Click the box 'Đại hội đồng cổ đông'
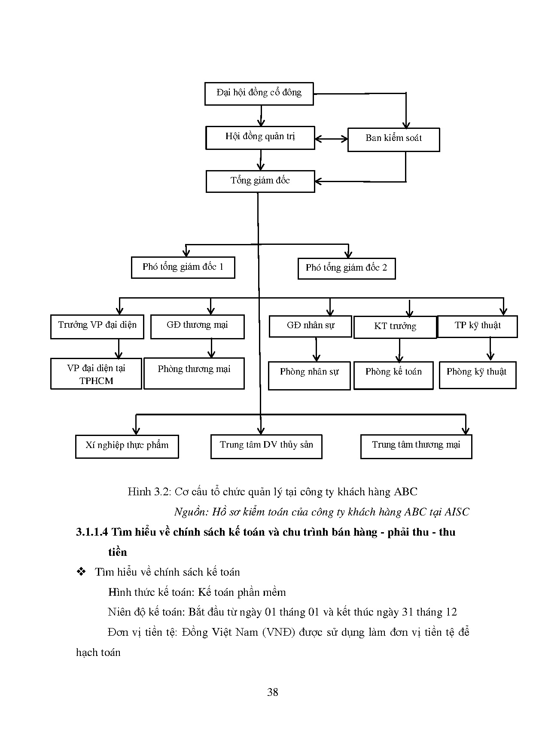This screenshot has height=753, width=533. tap(259, 93)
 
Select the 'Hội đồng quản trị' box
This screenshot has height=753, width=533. tap(260, 137)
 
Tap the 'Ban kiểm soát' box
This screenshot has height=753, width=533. tap(393, 139)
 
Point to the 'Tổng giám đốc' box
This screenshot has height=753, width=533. tap(260, 181)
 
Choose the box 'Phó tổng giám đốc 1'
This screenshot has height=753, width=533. tap(183, 268)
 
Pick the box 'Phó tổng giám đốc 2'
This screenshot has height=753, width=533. tap(347, 268)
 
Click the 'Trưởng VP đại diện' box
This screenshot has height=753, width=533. tap(97, 326)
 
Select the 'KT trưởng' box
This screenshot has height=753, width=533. tap(395, 327)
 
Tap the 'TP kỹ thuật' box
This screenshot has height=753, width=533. tap(477, 326)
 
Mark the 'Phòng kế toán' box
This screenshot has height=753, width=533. tap(393, 375)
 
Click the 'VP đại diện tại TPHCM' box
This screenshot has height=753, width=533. tap(96, 374)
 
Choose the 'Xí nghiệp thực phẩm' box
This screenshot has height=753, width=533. tap(127, 446)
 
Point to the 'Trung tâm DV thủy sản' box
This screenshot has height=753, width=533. tap(266, 446)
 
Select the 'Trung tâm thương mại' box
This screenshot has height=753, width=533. tap(416, 446)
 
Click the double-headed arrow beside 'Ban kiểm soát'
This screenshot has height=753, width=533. tap(331, 139)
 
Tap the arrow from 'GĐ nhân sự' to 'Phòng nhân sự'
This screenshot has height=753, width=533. tap(317, 349)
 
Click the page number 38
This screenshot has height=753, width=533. tap(272, 692)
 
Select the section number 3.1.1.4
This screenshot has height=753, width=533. tap(91, 532)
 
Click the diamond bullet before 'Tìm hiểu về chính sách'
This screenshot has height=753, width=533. tap(81, 572)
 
